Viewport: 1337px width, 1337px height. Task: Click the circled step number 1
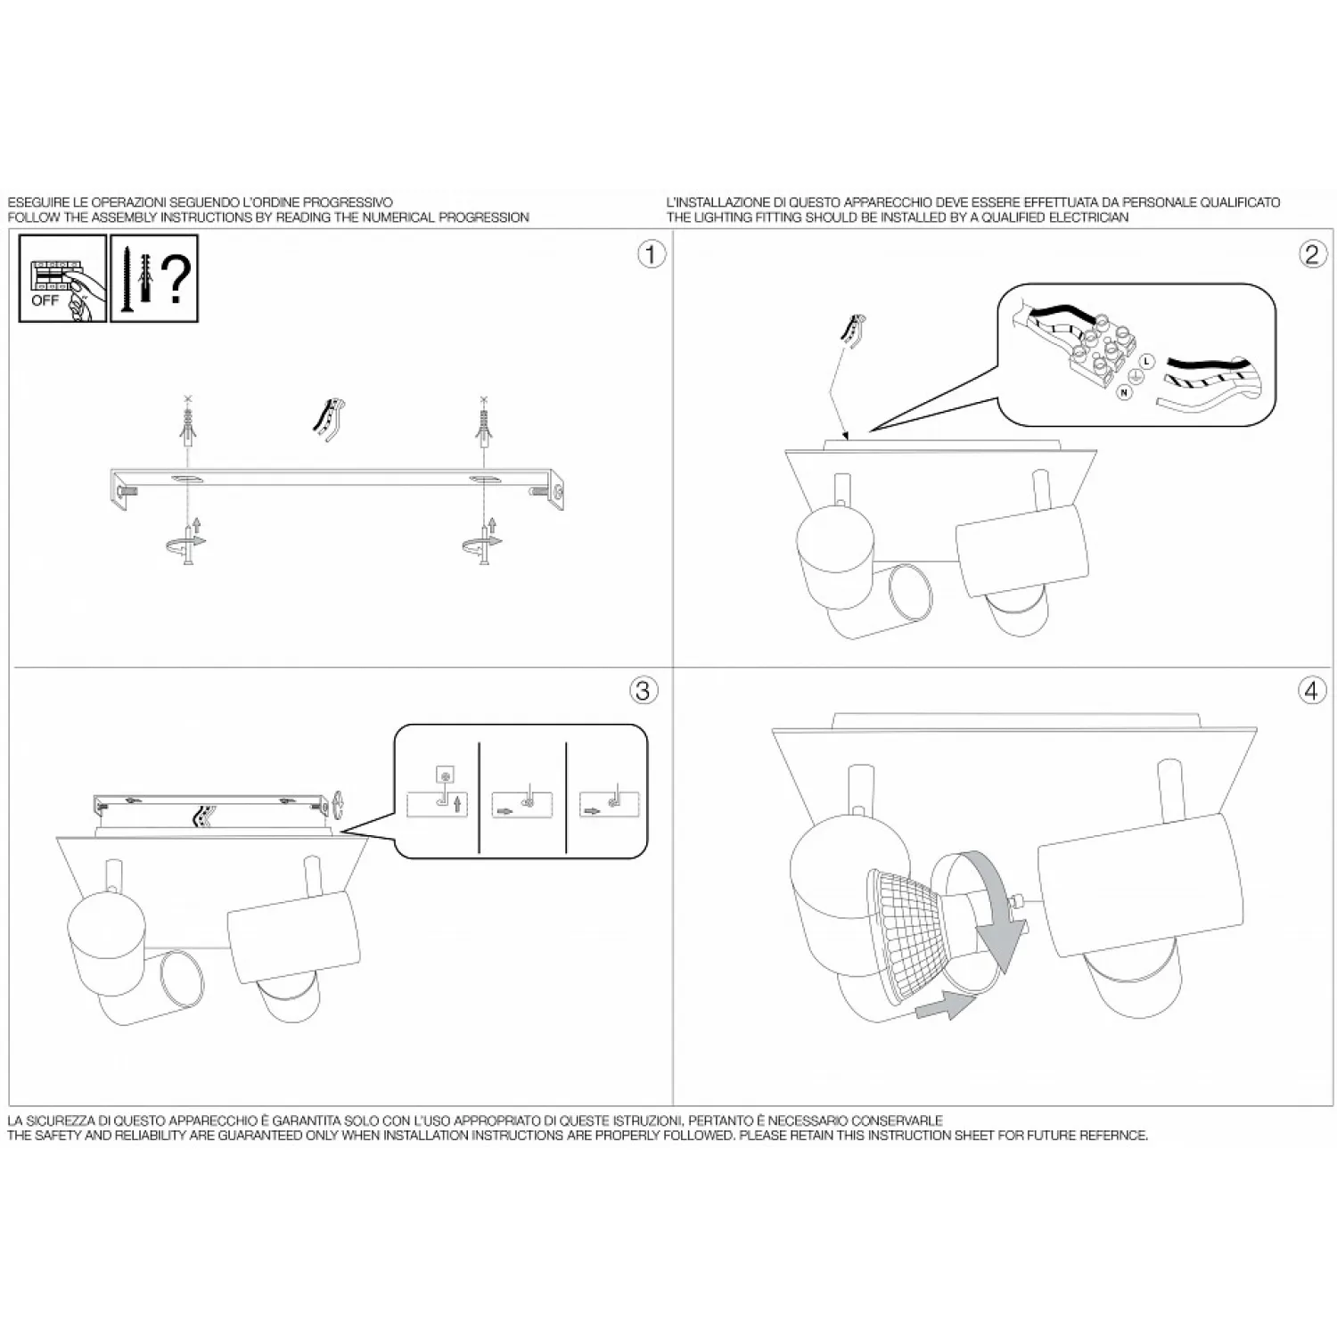pyautogui.click(x=651, y=254)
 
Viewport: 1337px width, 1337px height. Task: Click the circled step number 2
pyautogui.click(x=1310, y=254)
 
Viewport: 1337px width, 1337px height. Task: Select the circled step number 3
pyautogui.click(x=644, y=690)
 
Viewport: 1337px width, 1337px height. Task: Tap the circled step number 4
pyautogui.click(x=1311, y=690)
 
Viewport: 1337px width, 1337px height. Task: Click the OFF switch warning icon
pyautogui.click(x=62, y=278)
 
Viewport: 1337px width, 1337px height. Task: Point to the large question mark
pyautogui.click(x=177, y=277)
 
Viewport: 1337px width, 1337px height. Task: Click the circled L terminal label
pyautogui.click(x=1146, y=361)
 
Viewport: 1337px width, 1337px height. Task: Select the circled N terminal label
pyautogui.click(x=1125, y=392)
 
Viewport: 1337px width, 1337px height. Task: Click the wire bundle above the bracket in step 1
pyautogui.click(x=328, y=419)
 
